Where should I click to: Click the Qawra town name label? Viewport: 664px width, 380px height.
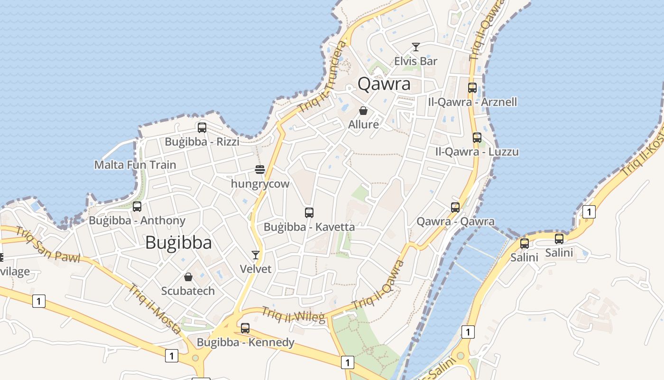pyautogui.click(x=384, y=84)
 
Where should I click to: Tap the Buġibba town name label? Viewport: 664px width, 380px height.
pyautogui.click(x=178, y=243)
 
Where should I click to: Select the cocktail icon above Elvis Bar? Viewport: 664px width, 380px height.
pyautogui.click(x=416, y=47)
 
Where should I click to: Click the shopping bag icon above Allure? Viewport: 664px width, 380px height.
pyautogui.click(x=363, y=111)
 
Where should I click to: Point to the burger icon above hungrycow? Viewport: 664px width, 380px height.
pyautogui.click(x=259, y=170)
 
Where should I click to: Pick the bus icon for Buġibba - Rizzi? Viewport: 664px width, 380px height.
pyautogui.click(x=202, y=127)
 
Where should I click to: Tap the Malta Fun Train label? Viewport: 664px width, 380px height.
pyautogui.click(x=135, y=165)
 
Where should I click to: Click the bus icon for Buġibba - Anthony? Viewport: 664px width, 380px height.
pyautogui.click(x=137, y=207)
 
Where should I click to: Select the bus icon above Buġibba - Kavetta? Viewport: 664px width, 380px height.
pyautogui.click(x=309, y=212)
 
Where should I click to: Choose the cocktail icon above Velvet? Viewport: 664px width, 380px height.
pyautogui.click(x=256, y=255)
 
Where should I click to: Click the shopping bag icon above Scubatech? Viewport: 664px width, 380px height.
pyautogui.click(x=188, y=277)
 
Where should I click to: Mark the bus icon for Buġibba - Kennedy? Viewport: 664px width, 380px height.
pyautogui.click(x=245, y=328)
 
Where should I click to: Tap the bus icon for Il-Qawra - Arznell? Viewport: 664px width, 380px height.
pyautogui.click(x=472, y=88)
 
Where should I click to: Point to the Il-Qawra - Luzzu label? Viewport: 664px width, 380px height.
pyautogui.click(x=477, y=152)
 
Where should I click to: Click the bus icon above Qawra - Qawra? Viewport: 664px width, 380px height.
pyautogui.click(x=455, y=208)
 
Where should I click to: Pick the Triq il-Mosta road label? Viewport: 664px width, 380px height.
pyautogui.click(x=155, y=308)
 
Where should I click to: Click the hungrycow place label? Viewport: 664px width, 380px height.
pyautogui.click(x=260, y=184)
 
